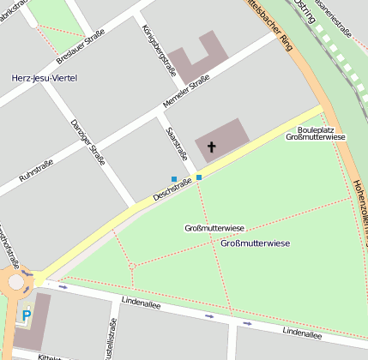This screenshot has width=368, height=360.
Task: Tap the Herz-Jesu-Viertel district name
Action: [x=44, y=78]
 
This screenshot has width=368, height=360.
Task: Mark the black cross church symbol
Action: [x=211, y=147]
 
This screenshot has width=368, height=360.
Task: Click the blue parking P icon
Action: [x=26, y=315]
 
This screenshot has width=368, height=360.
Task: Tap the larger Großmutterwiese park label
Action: [x=255, y=243]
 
